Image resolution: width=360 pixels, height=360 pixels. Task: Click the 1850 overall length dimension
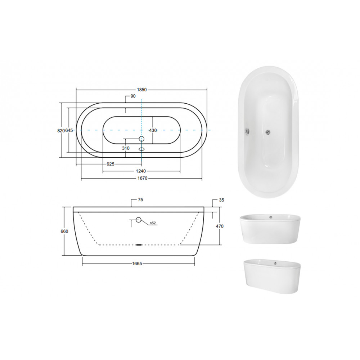(x=141, y=90)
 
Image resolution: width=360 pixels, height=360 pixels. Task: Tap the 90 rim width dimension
(x=133, y=96)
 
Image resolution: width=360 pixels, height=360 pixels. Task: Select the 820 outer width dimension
(x=61, y=131)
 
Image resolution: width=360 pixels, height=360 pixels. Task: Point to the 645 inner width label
(x=69, y=130)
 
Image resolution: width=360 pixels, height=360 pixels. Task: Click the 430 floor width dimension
(x=153, y=130)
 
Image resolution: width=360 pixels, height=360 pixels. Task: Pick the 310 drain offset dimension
(x=126, y=148)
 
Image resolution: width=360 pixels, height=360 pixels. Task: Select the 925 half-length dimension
(x=111, y=164)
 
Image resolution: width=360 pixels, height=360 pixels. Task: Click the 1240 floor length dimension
(x=141, y=171)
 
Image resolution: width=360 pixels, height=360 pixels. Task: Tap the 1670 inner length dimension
(x=142, y=178)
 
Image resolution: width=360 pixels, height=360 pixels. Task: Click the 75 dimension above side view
(x=140, y=200)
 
